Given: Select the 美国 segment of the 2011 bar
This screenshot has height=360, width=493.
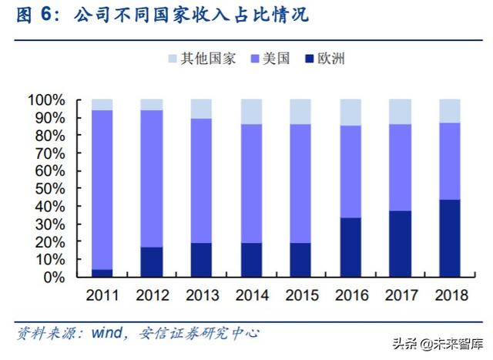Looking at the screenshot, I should pyautogui.click(x=102, y=189).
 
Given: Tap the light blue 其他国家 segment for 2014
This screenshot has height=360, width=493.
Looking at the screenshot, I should pyautogui.click(x=250, y=111).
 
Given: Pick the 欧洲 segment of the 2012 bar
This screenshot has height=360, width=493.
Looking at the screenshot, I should pyautogui.click(x=151, y=261).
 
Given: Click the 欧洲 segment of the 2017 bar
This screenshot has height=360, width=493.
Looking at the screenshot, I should pyautogui.click(x=399, y=243).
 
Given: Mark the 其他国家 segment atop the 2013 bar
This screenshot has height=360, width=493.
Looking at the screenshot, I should pyautogui.click(x=201, y=109).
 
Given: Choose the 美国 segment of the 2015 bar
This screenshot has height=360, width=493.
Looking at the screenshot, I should pyautogui.click(x=300, y=183).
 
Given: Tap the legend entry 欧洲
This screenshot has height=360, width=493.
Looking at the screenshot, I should pyautogui.click(x=325, y=59).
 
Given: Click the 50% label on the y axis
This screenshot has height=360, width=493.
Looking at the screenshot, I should pyautogui.click(x=51, y=188).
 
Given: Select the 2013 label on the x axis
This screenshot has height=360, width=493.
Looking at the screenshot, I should pyautogui.click(x=201, y=295).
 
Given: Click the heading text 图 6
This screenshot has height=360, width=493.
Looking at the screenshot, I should pyautogui.click(x=35, y=15).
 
